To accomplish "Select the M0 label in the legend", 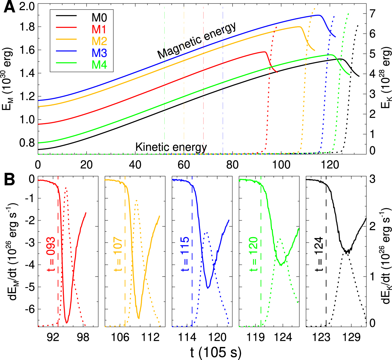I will pos(99,18).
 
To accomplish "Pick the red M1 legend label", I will pos(99,29).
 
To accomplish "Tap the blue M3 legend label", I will pos(99,53).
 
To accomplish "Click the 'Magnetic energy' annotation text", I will pos(197,40).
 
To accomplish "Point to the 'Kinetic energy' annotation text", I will pos(171,147).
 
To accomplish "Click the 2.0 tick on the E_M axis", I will pos(27,6).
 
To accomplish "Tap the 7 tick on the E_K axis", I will pos(373,13).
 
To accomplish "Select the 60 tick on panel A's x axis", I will pos(184,165).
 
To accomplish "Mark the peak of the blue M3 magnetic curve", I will pos(319,15).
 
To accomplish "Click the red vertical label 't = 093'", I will pos(51,254).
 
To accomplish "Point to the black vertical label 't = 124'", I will pos(319,254).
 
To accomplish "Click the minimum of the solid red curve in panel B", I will pos(67,323).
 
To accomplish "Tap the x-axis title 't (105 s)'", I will pos(216,352).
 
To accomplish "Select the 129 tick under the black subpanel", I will pos(352,337).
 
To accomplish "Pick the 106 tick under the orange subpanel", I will pos(120,337).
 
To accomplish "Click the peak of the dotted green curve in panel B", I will pos(280,239).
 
